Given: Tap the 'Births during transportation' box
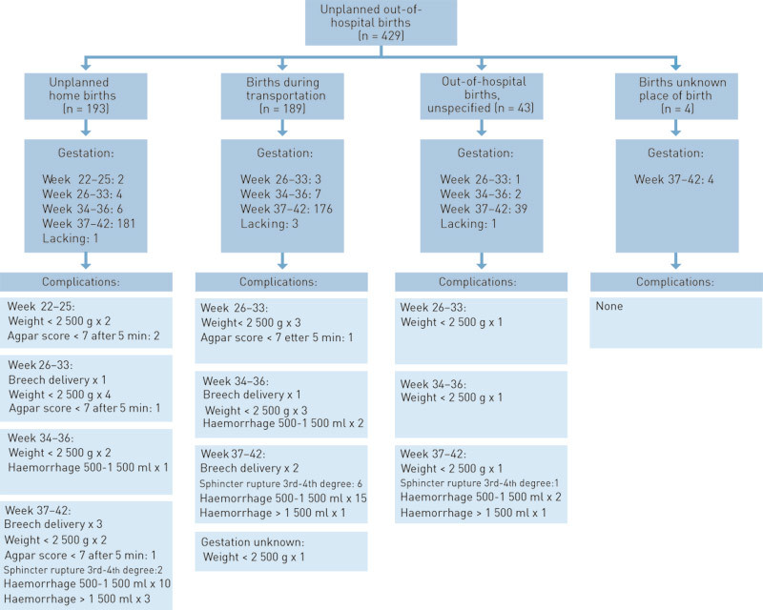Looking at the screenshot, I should click(x=281, y=91).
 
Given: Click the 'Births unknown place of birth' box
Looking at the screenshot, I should click(x=676, y=91).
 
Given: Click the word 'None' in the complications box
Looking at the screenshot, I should click(x=610, y=308).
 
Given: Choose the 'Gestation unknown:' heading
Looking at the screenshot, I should click(x=256, y=539).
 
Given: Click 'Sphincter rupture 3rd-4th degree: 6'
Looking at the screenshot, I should click(x=282, y=484).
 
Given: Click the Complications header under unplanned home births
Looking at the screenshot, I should click(x=87, y=282).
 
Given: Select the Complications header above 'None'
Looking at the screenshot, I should click(x=675, y=282).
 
